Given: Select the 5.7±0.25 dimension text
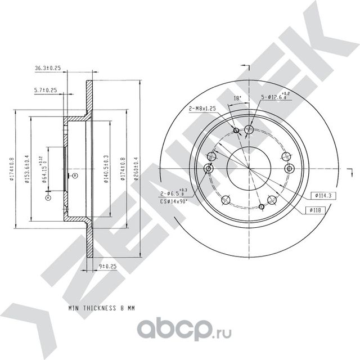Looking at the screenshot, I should point(46,90).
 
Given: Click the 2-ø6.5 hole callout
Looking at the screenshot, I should point(172,193).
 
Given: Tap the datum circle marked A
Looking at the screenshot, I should point(48,197).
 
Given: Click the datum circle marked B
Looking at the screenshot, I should point(75,176).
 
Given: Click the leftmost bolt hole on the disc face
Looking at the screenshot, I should point(208,169).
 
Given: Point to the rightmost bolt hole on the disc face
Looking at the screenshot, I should point(290,169).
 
